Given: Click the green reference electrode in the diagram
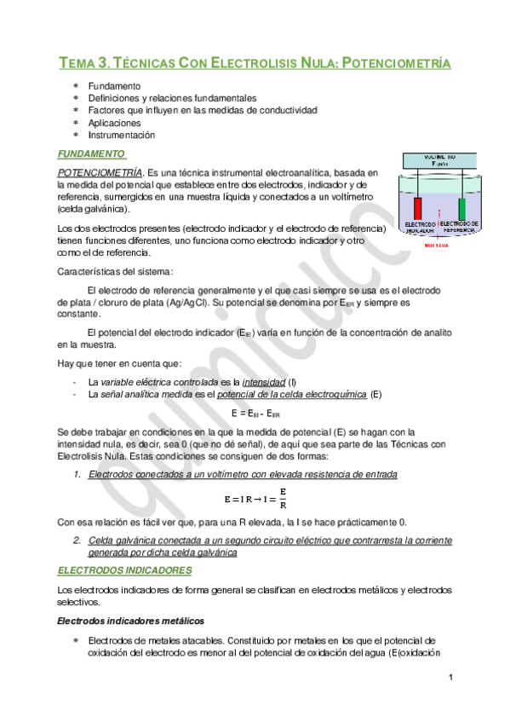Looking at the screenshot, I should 461,208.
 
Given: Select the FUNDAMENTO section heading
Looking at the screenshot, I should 91,154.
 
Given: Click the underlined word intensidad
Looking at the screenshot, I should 264,381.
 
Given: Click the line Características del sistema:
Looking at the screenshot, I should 115,272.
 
